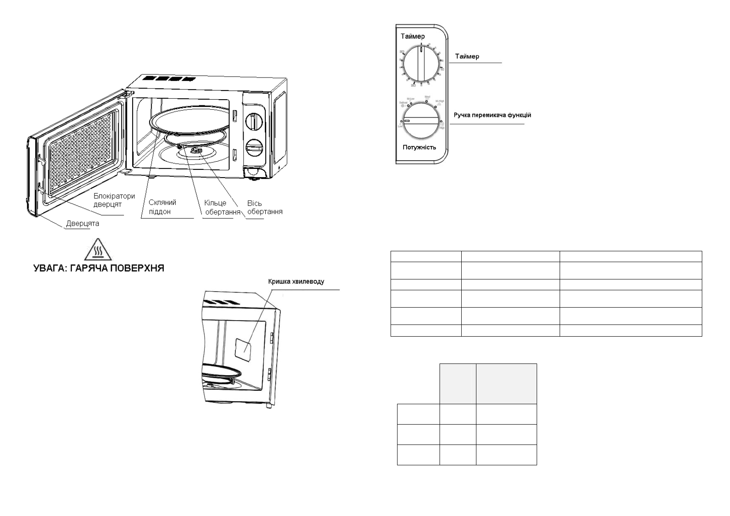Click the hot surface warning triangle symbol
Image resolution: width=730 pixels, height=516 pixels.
(99, 250)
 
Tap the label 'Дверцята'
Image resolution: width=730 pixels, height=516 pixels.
(82, 224)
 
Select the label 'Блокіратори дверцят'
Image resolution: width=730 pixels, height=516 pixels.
(114, 200)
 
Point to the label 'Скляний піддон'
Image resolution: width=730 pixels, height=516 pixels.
(162, 207)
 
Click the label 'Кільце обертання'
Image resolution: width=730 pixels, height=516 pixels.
(222, 208)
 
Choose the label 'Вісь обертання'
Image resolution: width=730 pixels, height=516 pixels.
(264, 208)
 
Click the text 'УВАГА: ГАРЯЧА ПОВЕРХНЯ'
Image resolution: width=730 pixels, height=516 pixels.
(99, 268)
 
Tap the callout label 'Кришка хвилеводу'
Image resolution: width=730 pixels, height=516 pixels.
(295, 282)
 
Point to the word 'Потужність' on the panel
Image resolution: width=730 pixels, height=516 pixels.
(419, 147)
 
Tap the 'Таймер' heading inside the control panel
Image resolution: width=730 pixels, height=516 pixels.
(412, 36)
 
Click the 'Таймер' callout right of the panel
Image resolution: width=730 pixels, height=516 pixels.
(467, 56)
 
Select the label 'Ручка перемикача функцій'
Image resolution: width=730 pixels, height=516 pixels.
(492, 115)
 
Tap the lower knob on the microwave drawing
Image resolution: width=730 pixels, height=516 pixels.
(254, 149)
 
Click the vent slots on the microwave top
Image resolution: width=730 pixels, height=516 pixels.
(167, 79)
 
